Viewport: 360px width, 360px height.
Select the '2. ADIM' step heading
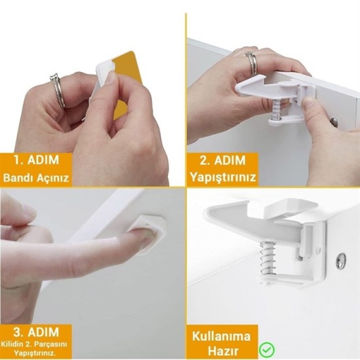(x=222, y=160)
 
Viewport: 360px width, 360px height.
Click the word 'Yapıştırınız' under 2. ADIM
(x=222, y=177)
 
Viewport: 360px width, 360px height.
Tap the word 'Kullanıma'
(x=221, y=337)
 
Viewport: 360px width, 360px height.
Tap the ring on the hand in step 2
(x=252, y=63)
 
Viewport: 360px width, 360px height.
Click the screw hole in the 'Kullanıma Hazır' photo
(x=340, y=261)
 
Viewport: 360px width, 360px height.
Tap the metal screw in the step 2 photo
(x=334, y=122)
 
